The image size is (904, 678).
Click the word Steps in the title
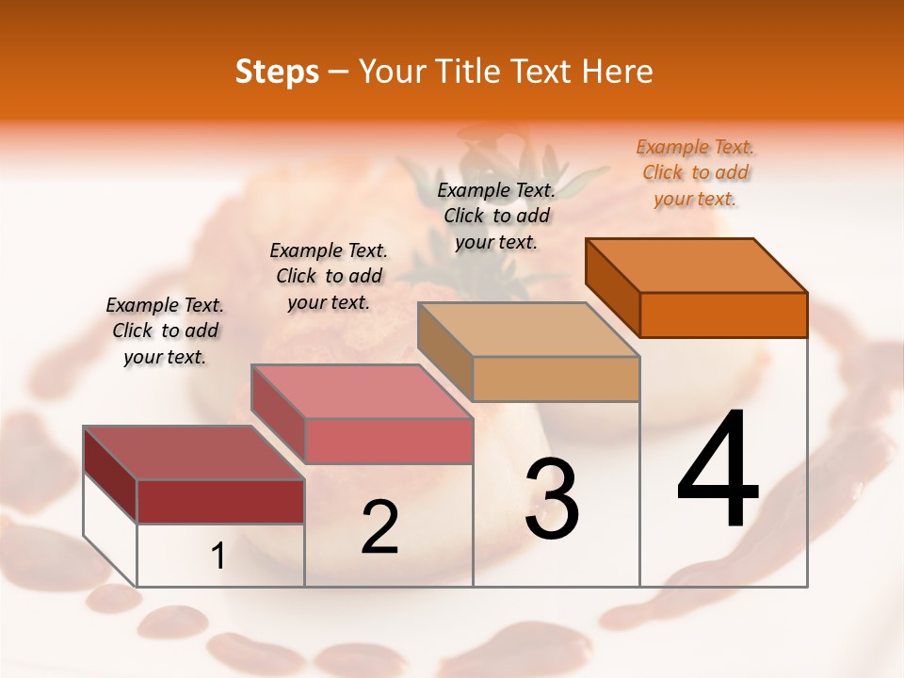[x=277, y=72]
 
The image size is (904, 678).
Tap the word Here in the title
[x=617, y=72]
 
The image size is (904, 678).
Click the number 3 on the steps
[x=552, y=499]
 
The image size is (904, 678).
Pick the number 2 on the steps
[x=379, y=527]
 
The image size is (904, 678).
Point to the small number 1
[x=218, y=557]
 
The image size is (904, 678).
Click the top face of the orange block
[x=697, y=266]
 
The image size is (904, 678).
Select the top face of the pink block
[x=362, y=392]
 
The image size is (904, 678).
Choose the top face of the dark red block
[x=194, y=453]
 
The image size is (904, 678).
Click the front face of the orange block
[x=723, y=315]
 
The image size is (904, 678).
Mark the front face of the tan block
[x=556, y=379]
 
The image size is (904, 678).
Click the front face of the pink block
[x=388, y=441]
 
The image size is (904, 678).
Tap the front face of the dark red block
[x=220, y=501]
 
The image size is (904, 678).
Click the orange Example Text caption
[x=696, y=172]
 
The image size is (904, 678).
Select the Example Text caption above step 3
[x=496, y=216]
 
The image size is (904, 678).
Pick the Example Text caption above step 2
[x=329, y=276]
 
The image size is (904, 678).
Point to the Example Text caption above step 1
[x=165, y=331]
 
